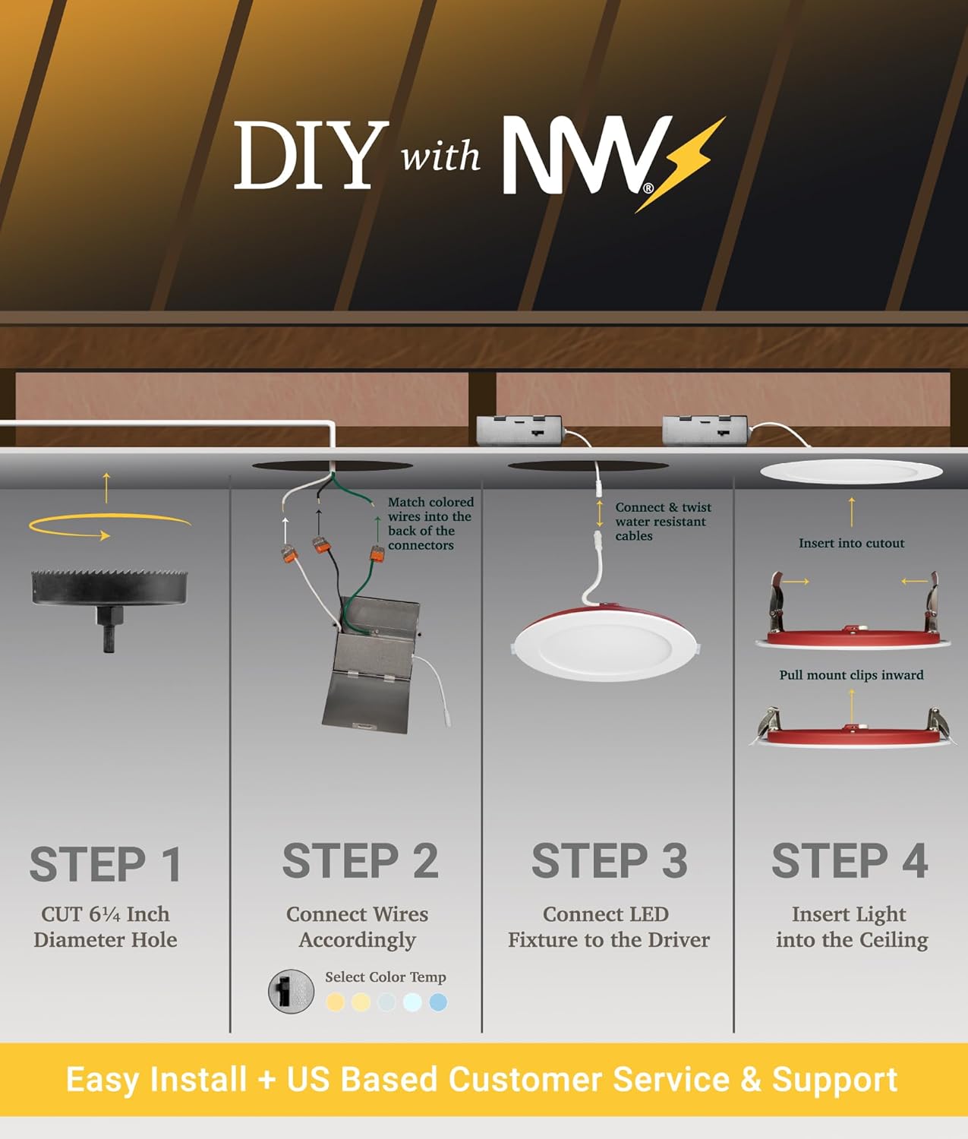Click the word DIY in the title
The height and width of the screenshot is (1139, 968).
coord(306,156)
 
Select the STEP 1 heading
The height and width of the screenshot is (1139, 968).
coord(106,864)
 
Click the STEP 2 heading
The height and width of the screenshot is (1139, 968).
coord(360,861)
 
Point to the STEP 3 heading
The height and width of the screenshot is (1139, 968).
coord(609,861)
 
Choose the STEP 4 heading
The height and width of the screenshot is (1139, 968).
coord(850,861)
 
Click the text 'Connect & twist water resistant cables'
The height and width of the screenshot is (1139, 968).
coord(662,522)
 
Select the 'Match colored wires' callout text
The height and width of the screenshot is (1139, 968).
coord(430,523)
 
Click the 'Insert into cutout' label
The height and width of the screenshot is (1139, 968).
coord(851,543)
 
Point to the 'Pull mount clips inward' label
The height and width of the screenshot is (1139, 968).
coord(851,675)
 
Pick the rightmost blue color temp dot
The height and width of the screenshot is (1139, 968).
coord(438,1002)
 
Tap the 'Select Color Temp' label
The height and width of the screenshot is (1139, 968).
coord(385,977)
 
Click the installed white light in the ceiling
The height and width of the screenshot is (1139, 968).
coord(851,472)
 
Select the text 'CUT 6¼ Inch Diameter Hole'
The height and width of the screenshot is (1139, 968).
coord(106,927)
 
